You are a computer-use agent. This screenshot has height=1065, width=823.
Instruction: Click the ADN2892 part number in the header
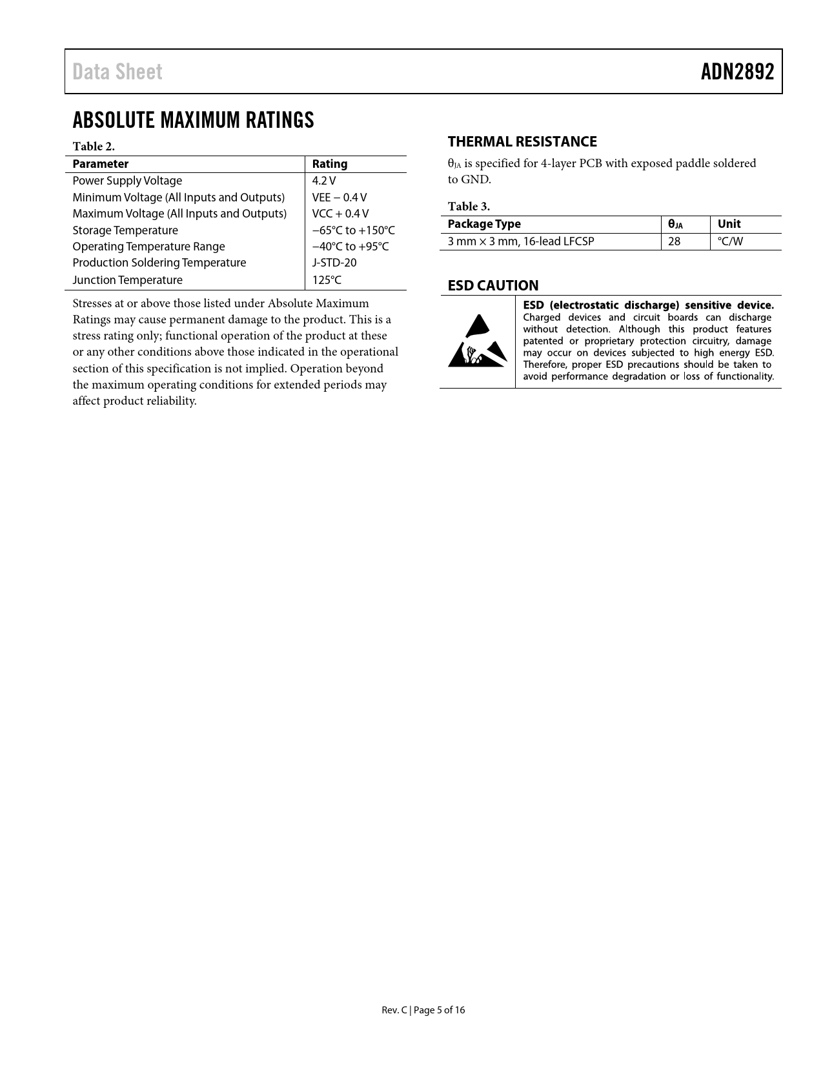coord(737,72)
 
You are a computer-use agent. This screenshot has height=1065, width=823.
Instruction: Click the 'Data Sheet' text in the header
coord(117,72)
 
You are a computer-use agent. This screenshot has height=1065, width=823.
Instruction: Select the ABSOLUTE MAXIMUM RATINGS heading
coord(193,120)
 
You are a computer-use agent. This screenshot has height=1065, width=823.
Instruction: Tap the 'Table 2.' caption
coord(94,147)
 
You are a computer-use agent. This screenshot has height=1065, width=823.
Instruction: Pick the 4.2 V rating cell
coord(323,181)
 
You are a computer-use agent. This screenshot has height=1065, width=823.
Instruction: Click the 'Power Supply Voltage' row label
coord(127,181)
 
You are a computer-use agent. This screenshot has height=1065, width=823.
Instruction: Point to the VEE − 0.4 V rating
coord(339,198)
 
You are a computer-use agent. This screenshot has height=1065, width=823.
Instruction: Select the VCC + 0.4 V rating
coord(340,214)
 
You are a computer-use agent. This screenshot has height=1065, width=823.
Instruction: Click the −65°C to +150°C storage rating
coord(353,230)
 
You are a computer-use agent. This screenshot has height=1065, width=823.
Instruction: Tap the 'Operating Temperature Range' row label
coord(148,247)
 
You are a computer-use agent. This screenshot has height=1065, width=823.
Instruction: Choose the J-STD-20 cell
coord(334,263)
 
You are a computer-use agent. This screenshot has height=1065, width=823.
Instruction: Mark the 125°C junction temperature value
coord(327,280)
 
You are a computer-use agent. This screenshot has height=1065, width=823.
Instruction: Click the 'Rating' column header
coord(329,164)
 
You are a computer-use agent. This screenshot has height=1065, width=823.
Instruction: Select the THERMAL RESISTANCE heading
coord(522,142)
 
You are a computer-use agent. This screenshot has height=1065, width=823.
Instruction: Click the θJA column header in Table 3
coord(675,225)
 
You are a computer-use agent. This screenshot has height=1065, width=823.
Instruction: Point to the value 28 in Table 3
coord(674,241)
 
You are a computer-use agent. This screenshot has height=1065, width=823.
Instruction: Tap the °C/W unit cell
coord(730,241)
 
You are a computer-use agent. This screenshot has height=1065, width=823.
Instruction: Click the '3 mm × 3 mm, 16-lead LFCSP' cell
coord(520,241)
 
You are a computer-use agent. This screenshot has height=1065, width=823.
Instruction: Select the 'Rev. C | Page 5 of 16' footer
coord(423,1010)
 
